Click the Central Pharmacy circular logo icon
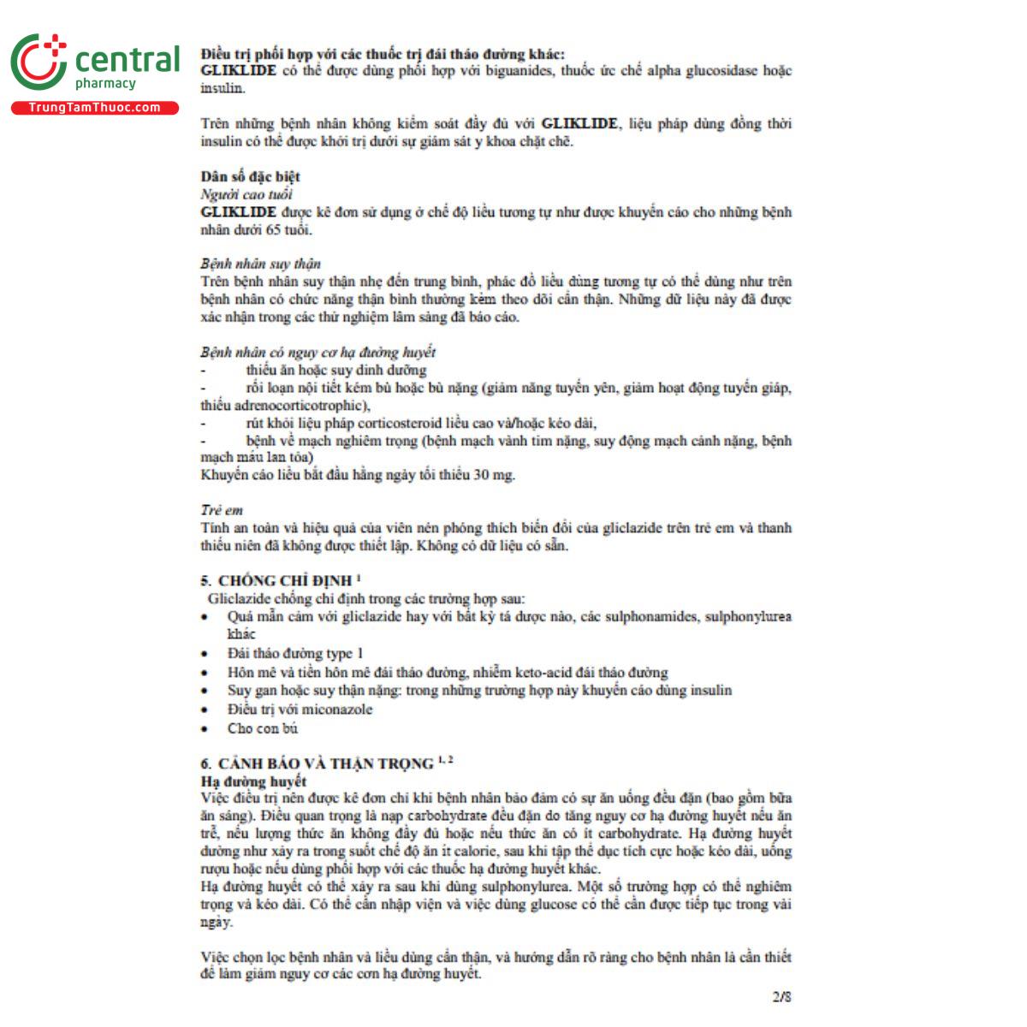38,62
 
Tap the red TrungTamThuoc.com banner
94,108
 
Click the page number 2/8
781,997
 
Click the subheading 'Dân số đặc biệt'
251,176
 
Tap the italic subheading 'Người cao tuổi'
246,194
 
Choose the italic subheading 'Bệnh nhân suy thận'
261,264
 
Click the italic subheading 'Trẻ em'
222,510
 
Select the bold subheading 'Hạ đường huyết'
253,781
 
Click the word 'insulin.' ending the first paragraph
223,88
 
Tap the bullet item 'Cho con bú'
263,728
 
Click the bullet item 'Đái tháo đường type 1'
295,653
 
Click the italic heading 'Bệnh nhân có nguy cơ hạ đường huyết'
318,352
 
